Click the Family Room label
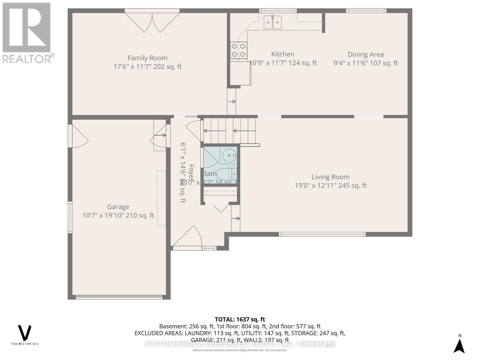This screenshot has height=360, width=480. [x=147, y=58]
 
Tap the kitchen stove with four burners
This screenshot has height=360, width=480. [x=239, y=50]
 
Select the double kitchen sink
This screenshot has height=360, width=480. [x=273, y=22]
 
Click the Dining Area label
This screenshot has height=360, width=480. [x=365, y=55]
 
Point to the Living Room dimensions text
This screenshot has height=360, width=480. [x=331, y=186]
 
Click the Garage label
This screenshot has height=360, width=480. [x=118, y=207]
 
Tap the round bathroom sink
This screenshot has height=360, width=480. [x=229, y=155]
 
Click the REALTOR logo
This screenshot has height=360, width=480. [x=28, y=33]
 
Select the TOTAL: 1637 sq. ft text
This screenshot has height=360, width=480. [x=240, y=319]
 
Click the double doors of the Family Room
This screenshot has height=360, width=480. [x=152, y=21]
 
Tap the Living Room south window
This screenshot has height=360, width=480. [x=322, y=234]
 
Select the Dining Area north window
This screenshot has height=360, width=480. [x=366, y=11]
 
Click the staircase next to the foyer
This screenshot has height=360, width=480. [x=229, y=131]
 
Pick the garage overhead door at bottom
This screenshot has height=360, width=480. [x=119, y=297]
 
